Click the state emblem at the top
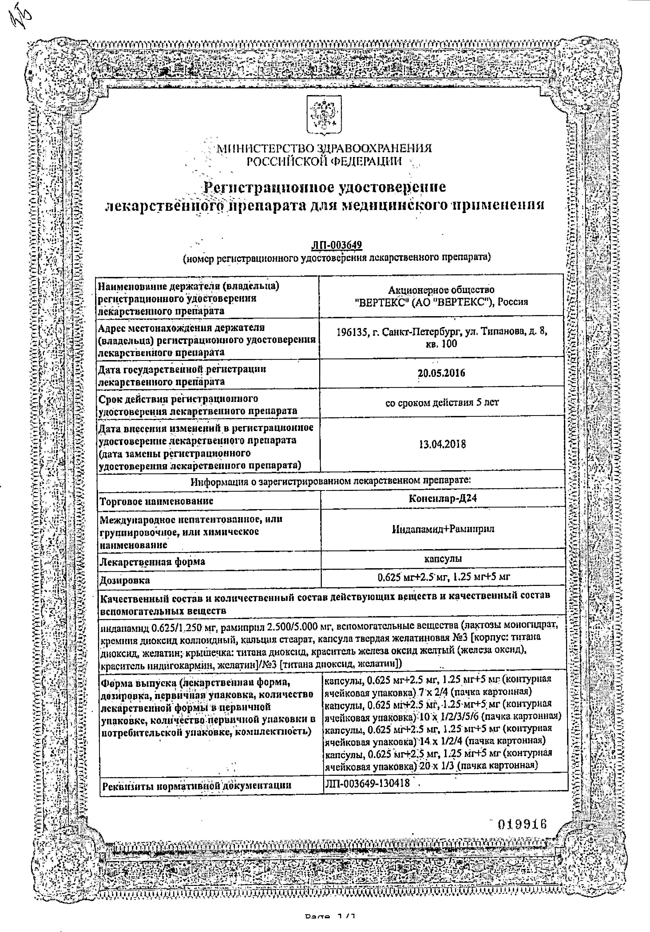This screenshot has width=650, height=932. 324,116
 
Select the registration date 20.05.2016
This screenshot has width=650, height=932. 442,373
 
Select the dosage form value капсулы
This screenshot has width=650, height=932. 443,559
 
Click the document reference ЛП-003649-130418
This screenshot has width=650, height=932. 367,783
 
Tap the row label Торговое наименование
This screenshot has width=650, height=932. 156,501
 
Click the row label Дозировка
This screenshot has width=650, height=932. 125,580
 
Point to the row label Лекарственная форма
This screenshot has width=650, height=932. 152,562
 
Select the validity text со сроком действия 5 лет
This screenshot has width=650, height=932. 442,403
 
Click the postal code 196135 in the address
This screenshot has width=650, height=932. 352,332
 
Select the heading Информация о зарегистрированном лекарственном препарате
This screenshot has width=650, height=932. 331,481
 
